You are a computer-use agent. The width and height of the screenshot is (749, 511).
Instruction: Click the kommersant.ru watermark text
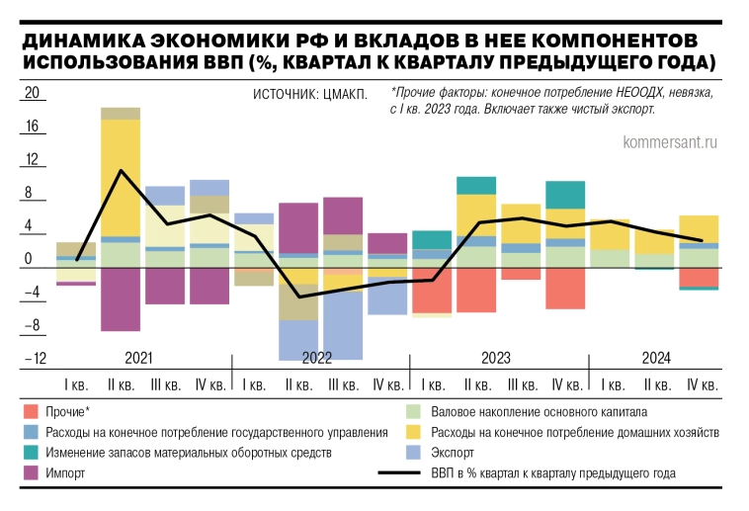tap(669, 142)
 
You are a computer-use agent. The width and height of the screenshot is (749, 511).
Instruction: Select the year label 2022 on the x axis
tap(316, 358)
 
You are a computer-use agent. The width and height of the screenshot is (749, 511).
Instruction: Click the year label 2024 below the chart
tap(656, 358)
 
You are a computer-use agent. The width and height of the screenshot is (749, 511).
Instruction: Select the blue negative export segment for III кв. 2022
tap(343, 326)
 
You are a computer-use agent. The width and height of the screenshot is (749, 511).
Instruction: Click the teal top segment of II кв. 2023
tap(476, 185)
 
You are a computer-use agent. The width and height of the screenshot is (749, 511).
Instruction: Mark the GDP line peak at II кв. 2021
tap(121, 171)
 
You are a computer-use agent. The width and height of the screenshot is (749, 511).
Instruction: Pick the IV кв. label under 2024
tap(700, 384)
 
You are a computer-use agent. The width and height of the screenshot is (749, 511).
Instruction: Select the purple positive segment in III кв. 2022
tap(343, 215)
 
